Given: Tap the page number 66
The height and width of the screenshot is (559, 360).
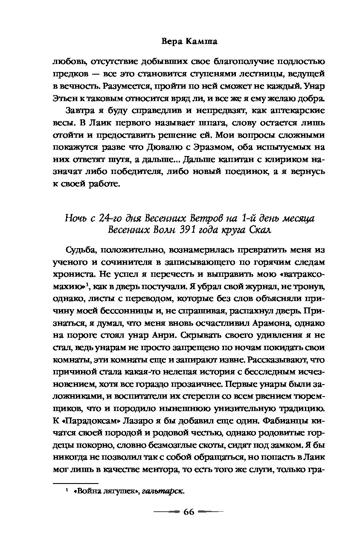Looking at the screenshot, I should pos(188,512).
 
